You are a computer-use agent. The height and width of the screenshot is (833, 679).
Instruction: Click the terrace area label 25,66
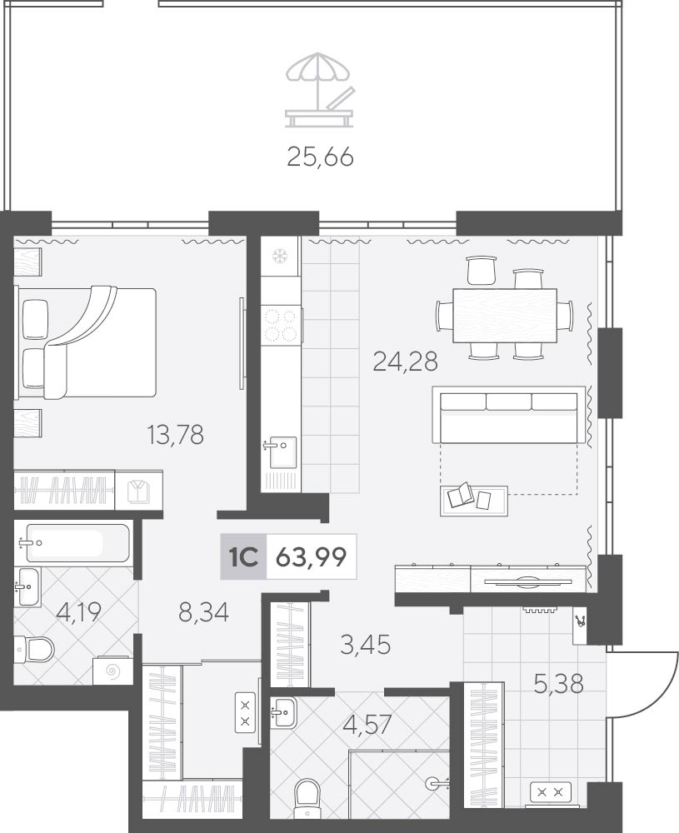tap(320, 157)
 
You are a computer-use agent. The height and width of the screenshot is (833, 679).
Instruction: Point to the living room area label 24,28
tap(406, 362)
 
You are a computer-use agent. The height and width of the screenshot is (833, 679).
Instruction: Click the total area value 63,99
tap(312, 556)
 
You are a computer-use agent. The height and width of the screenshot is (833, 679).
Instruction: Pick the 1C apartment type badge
tap(243, 556)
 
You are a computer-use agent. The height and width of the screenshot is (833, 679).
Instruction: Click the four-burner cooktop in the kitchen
tap(281, 325)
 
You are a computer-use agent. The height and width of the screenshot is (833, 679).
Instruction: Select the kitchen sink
tap(282, 452)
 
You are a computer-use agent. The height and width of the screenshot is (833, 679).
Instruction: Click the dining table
tap(505, 316)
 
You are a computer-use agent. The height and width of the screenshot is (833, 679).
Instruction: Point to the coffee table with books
tap(474, 500)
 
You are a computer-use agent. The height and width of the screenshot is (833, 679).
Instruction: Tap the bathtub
tap(77, 542)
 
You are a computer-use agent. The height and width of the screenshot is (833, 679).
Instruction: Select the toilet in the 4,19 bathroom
tap(35, 649)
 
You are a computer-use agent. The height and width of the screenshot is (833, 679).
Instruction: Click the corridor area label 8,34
tap(204, 612)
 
